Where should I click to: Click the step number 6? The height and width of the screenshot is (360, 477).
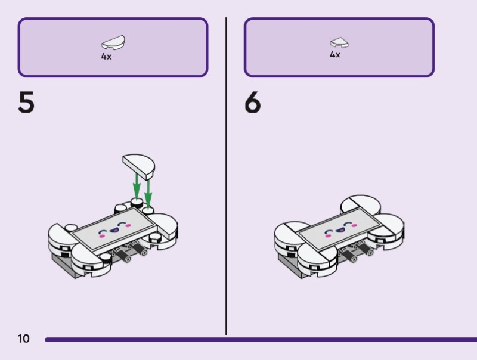[253, 103]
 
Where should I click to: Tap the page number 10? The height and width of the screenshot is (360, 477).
[23, 339]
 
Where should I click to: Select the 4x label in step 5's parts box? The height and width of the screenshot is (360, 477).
[106, 57]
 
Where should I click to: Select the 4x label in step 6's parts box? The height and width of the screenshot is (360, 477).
[335, 55]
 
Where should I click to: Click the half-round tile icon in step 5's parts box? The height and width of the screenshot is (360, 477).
[113, 43]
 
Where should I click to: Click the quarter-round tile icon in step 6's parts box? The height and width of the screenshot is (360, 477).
[339, 42]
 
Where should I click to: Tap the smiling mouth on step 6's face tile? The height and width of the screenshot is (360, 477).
[340, 231]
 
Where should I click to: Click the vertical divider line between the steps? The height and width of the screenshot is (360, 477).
[226, 179]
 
